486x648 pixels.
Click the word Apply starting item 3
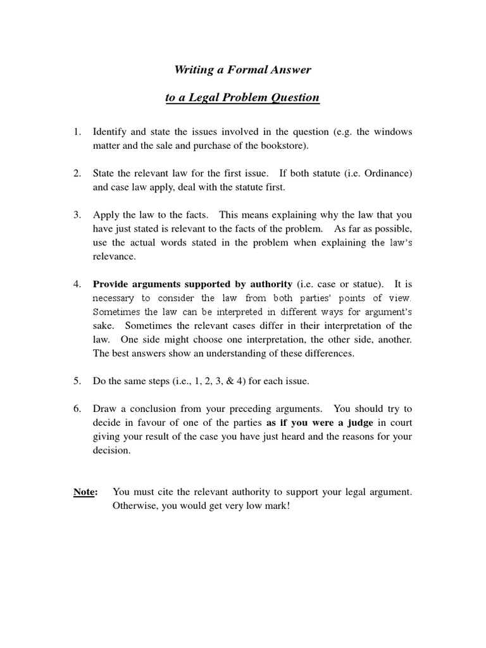pos(106,215)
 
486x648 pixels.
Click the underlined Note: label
pos(85,492)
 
